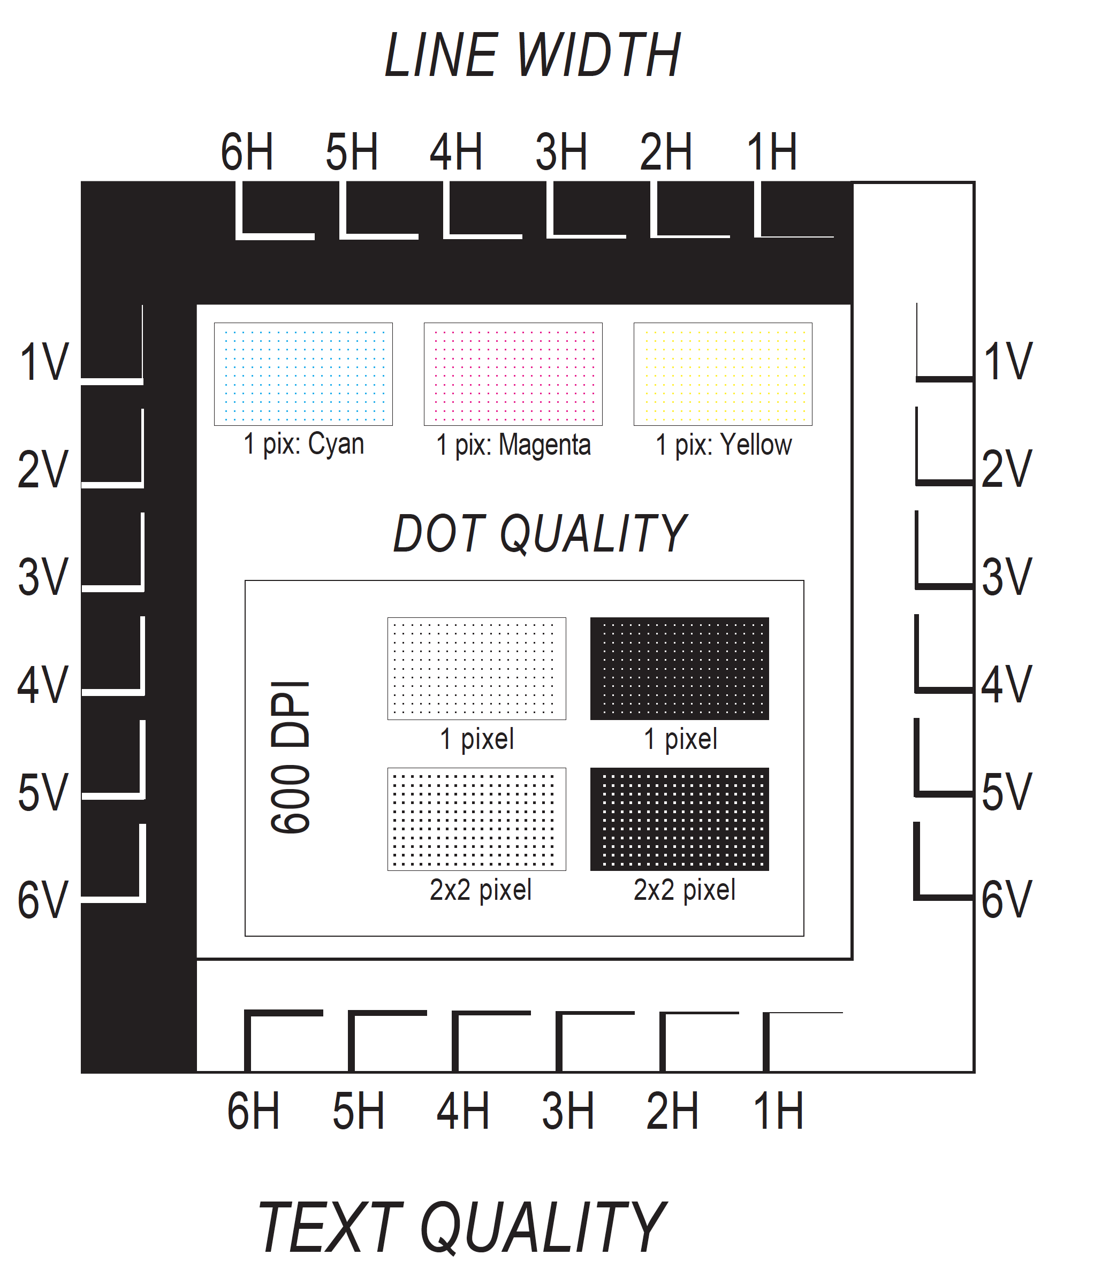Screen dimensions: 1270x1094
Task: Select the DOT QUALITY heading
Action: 540,533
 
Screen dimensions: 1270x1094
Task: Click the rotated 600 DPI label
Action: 291,757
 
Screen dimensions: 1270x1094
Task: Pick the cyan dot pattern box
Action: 303,374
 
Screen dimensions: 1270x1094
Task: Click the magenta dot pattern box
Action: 513,374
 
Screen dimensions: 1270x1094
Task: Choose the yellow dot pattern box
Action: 723,374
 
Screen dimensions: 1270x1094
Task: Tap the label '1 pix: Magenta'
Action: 513,445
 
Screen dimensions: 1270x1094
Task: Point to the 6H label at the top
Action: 247,151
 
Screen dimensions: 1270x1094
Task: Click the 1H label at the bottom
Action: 778,1111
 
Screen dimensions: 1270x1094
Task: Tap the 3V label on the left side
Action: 43,577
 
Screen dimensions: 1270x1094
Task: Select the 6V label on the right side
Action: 1006,899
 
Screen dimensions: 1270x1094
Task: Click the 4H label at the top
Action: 455,151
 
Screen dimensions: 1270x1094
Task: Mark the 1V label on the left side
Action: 44,362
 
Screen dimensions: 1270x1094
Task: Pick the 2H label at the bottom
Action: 672,1111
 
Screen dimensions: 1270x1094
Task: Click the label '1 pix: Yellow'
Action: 724,445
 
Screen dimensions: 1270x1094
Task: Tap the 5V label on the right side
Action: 1006,792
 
